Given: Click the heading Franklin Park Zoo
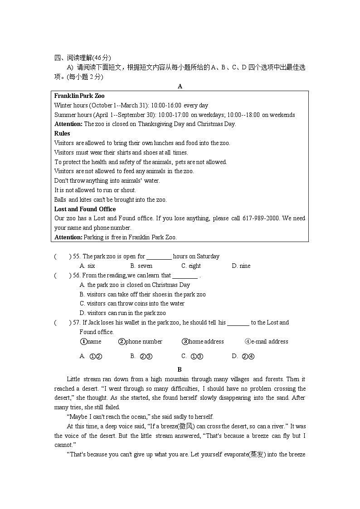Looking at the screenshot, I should [79, 96].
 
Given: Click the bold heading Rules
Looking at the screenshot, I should [62, 133].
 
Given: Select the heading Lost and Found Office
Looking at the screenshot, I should [85, 209].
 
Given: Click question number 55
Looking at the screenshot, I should [76, 257].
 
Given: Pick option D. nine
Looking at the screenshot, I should [241, 266].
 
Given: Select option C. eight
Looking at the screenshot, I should [191, 266].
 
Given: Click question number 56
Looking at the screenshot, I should [76, 276].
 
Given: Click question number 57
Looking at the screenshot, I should [76, 323].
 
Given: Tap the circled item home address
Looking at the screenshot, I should [203, 342].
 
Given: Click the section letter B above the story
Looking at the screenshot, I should [180, 369].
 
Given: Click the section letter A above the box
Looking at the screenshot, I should [180, 86].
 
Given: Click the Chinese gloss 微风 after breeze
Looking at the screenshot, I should [185, 427].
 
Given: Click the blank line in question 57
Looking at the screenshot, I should [238, 323].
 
